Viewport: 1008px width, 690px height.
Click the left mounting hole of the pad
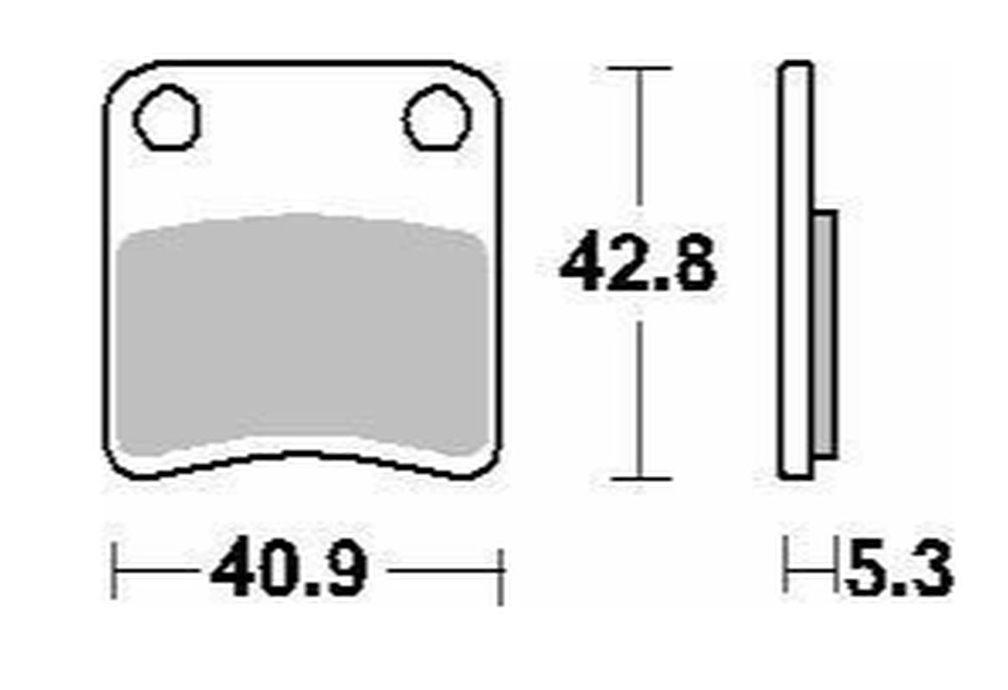166,117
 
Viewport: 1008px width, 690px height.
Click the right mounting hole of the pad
437,118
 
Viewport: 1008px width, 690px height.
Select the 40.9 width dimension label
290,569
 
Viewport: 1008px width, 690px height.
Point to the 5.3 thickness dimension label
898,569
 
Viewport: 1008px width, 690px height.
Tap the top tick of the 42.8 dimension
638,68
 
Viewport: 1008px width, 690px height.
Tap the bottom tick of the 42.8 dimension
638,479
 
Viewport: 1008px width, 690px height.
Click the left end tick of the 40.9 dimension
115,569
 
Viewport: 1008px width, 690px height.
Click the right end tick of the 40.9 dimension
501,569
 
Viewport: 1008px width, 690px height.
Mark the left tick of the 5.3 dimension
786,566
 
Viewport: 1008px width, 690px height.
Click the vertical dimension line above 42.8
638,138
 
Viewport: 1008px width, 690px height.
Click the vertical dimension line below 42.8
638,397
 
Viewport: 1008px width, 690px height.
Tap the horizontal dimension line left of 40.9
160,570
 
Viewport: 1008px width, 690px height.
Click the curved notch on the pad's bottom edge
302,455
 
